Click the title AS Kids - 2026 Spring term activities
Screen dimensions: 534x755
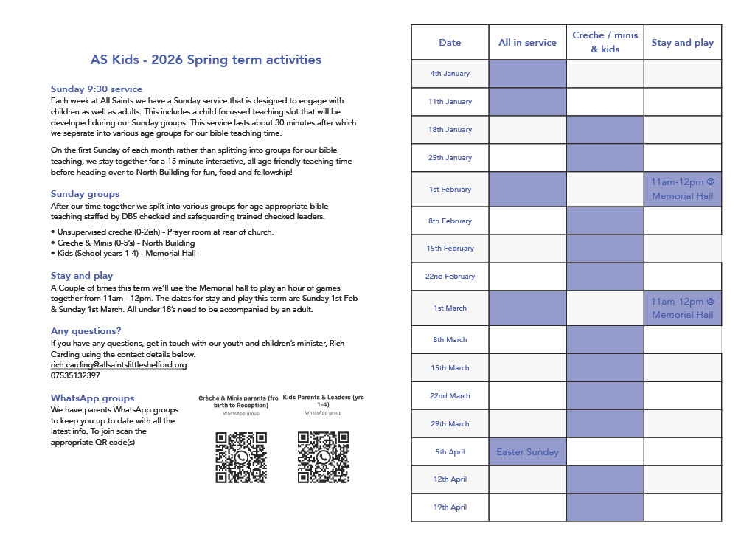pyautogui.click(x=206, y=60)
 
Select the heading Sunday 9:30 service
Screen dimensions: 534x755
pyautogui.click(x=97, y=89)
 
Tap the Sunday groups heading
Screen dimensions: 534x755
pyautogui.click(x=85, y=194)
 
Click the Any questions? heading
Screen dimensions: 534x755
pyautogui.click(x=86, y=331)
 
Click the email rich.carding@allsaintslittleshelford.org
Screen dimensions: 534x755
pyautogui.click(x=119, y=364)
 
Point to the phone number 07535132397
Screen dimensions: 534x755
pyautogui.click(x=75, y=375)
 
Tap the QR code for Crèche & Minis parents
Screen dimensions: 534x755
pyautogui.click(x=240, y=457)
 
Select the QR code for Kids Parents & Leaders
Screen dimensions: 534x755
pyautogui.click(x=323, y=457)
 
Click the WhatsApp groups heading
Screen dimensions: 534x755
pyautogui.click(x=93, y=398)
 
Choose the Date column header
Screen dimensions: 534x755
pyautogui.click(x=450, y=43)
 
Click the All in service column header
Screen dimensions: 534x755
pyautogui.click(x=527, y=43)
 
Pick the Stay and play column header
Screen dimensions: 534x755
pyautogui.click(x=682, y=43)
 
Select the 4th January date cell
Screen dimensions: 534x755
pyautogui.click(x=450, y=74)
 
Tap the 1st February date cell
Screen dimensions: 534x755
pyautogui.click(x=450, y=190)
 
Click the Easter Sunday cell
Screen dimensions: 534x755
pyautogui.click(x=527, y=452)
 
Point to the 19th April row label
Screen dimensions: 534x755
pyautogui.click(x=450, y=507)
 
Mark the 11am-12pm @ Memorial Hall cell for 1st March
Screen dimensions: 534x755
pyautogui.click(x=682, y=308)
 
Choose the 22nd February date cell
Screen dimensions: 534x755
pyautogui.click(x=450, y=277)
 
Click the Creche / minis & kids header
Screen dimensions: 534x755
pyautogui.click(x=605, y=43)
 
